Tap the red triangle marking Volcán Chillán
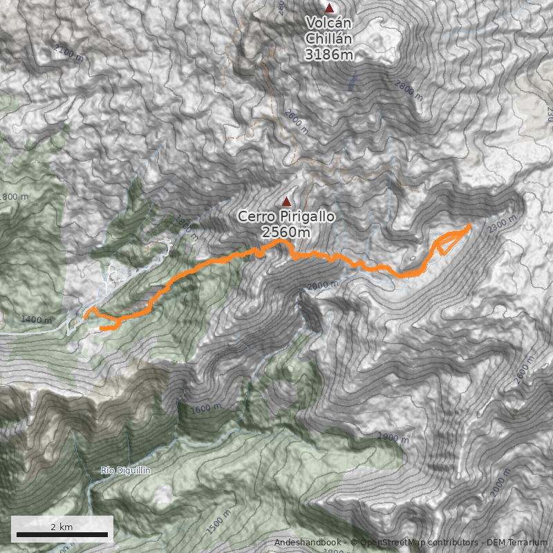tap(330, 8)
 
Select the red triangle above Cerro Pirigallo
tap(286, 201)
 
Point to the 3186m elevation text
tap(329, 53)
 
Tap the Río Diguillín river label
tap(126, 471)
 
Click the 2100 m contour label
tap(68, 53)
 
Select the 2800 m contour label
tap(409, 91)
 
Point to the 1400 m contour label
tap(36, 319)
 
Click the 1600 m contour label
tap(205, 409)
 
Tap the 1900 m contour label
tap(393, 438)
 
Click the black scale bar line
tap(62, 535)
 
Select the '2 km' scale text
tap(62, 527)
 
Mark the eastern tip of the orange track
tap(470, 225)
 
